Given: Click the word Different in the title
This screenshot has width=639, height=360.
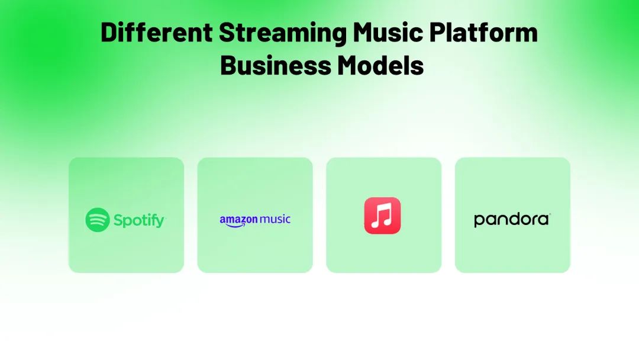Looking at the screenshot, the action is point(156,32).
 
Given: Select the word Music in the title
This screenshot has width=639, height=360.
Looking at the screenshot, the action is point(388,32).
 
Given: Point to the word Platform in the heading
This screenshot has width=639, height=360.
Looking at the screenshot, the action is point(484,32).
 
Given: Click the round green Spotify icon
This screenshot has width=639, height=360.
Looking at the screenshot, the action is point(98,220).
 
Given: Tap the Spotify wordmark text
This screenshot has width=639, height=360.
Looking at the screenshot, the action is point(139,221).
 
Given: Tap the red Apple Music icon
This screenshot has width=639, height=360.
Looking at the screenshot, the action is point(382,216).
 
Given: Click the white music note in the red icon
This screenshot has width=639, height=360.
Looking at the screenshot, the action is point(382,216).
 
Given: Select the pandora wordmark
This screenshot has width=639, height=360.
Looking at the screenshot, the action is point(511,220).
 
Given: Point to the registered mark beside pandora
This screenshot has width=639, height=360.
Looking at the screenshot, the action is point(550,214).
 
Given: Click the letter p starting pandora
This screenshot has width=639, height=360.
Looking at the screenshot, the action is point(479,221).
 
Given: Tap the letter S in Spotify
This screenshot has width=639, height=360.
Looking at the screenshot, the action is point(118,220).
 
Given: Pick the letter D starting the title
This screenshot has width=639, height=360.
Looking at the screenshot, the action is point(108,32).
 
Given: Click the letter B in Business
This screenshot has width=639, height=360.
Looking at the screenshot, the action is point(228,65).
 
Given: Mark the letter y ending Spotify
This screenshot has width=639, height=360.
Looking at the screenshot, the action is point(160,223).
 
